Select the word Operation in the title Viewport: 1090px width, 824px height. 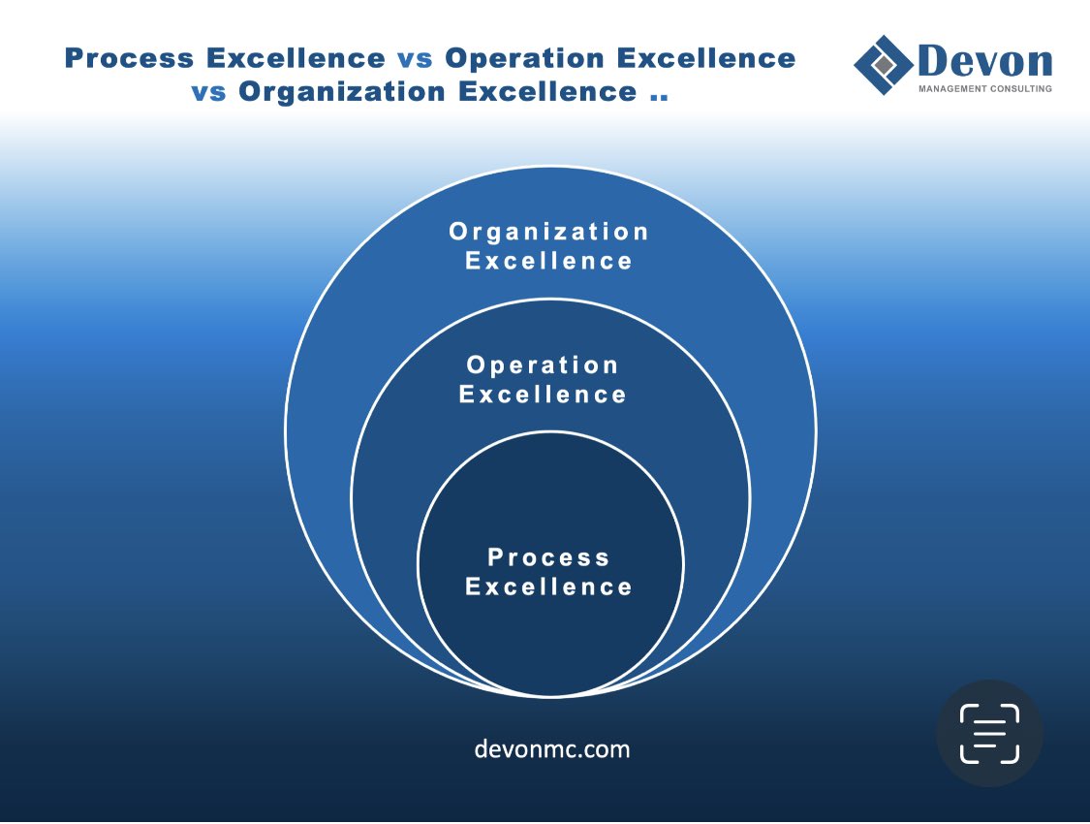coord(524,58)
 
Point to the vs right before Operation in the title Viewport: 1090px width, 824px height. coord(415,58)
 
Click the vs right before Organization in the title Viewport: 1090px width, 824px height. coord(208,91)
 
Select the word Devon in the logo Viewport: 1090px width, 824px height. coord(984,61)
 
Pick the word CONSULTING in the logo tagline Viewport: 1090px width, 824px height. coord(1019,89)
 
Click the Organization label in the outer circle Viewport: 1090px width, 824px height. coord(549,232)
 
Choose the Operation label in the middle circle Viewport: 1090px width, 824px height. coord(543,365)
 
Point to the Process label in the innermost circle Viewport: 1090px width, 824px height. coord(549,557)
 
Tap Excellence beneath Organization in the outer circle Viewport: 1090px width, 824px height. coord(549,261)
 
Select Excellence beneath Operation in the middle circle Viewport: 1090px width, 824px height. coord(543,395)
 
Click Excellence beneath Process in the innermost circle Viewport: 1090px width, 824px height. coord(549,586)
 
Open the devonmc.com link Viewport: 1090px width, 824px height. coord(552,749)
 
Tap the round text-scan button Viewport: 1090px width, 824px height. coord(989,733)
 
